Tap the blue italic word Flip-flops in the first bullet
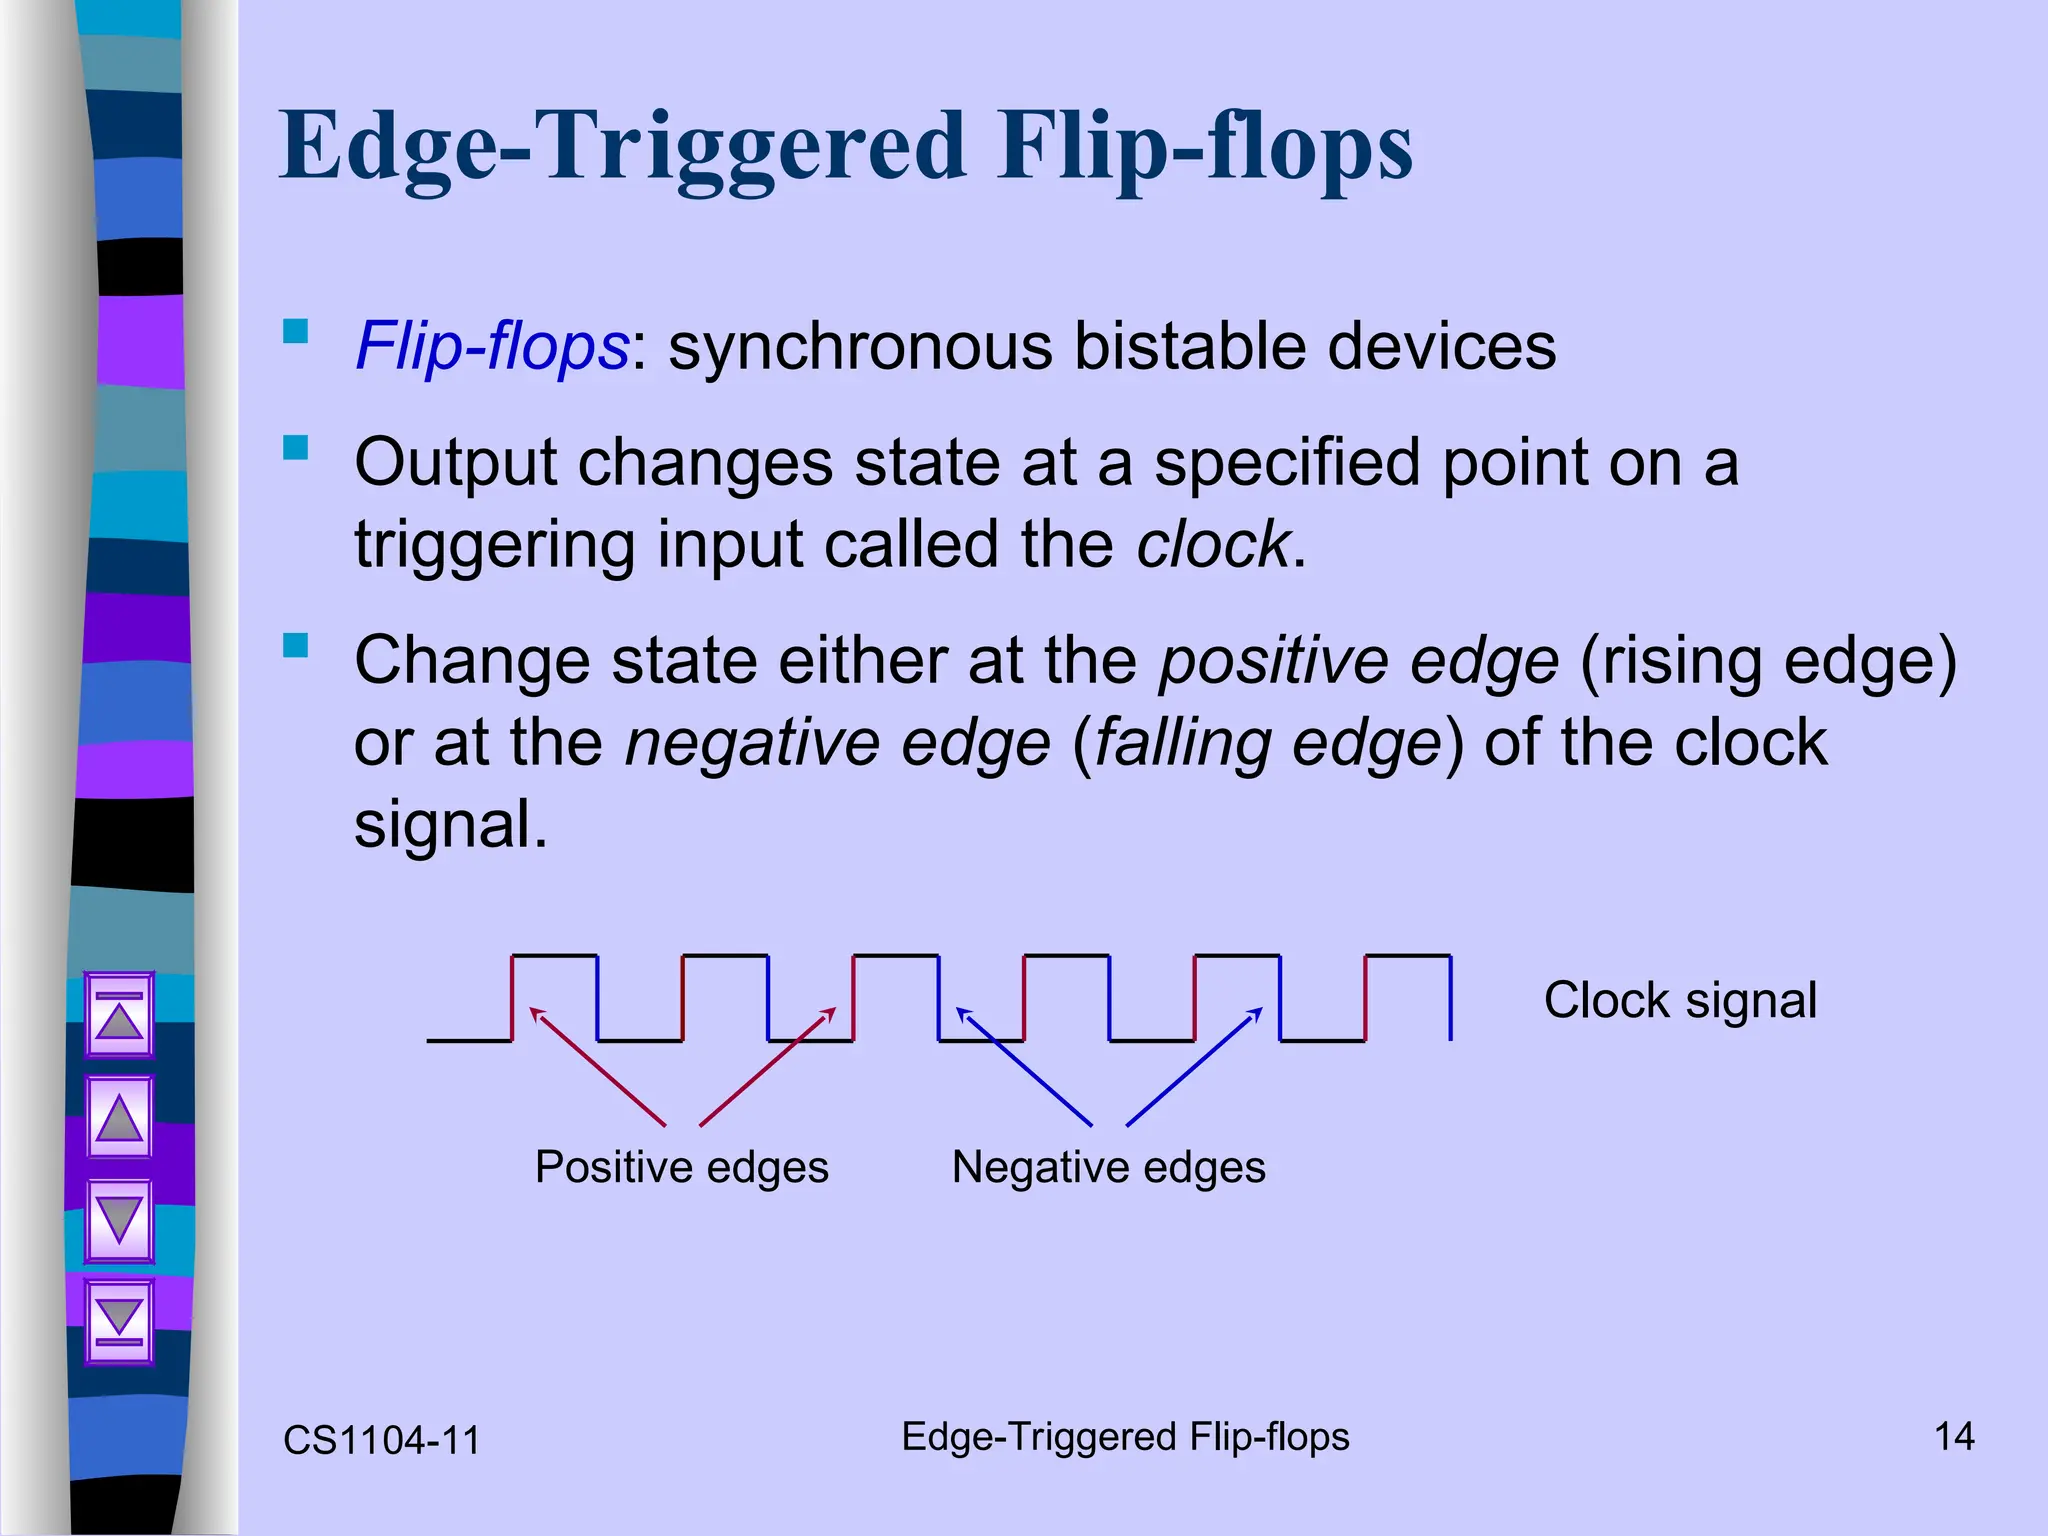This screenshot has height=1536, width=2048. pos(491,347)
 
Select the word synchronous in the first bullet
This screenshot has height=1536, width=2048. pos(860,347)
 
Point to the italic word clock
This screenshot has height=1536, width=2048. pos(1213,545)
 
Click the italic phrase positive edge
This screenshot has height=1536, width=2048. pos(1358,662)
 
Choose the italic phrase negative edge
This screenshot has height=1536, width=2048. pos(838,744)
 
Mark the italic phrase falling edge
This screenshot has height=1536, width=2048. pos(1268,744)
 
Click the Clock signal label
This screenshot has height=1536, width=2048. pos(1680,1000)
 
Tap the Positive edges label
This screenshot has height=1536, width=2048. pos(682,1167)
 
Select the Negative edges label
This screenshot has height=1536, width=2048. pos(1108,1167)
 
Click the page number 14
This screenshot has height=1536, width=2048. pos(1954,1437)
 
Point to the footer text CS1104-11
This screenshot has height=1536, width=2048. pos(382,1441)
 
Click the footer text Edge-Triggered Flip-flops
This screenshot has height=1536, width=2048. pos(1125,1437)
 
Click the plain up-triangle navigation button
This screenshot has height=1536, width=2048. pos(119,1118)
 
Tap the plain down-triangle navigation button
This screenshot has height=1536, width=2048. pos(119,1221)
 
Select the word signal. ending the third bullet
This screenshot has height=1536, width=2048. pos(451,825)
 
